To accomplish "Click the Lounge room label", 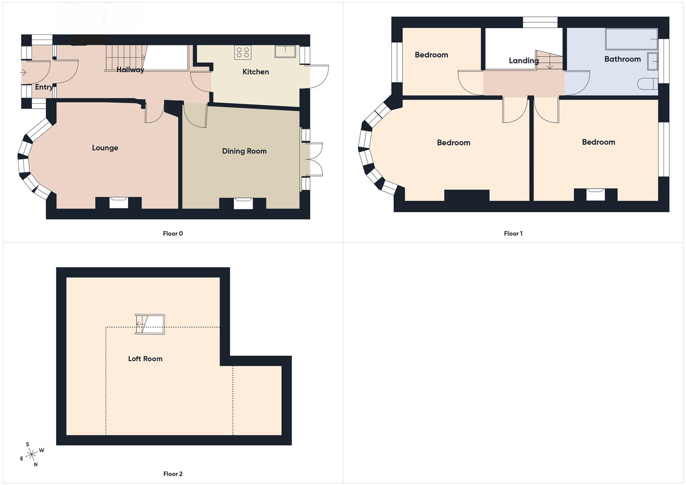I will (105, 148).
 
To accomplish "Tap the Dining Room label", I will (244, 151).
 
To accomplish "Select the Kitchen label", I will (256, 72).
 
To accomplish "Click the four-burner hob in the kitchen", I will (243, 53).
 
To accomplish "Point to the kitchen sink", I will (285, 51).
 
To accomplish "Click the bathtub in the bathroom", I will (631, 39).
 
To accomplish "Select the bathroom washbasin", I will (652, 61).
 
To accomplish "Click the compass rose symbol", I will (31, 455).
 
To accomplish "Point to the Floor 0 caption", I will (173, 234).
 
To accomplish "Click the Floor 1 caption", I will (513, 234).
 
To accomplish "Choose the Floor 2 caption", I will (173, 474).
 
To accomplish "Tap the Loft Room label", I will (145, 358).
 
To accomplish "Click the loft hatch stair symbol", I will (150, 324).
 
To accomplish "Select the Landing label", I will (523, 61).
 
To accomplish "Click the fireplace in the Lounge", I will (119, 203).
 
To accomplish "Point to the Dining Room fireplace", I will (243, 203).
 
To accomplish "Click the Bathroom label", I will (622, 59).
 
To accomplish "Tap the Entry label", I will (44, 87).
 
